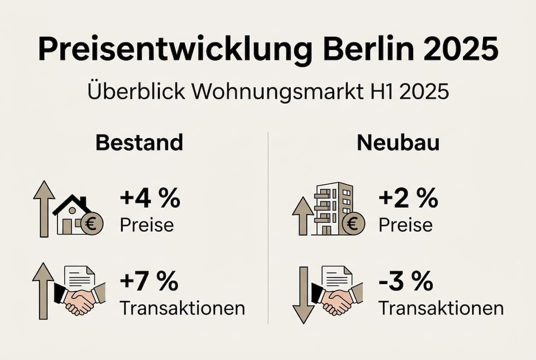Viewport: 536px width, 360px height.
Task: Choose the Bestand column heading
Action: click(x=139, y=143)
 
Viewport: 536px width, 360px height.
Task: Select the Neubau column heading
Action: click(x=398, y=143)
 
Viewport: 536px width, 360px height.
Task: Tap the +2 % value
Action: click(x=408, y=200)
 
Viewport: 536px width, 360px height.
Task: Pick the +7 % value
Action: click(x=149, y=282)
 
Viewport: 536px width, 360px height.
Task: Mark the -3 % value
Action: click(x=406, y=282)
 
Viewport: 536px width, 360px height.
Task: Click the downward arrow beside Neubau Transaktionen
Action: click(x=303, y=295)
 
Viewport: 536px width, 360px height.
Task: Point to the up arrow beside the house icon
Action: click(x=44, y=208)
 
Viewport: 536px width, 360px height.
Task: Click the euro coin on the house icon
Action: click(x=91, y=223)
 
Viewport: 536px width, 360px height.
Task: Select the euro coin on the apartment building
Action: click(x=353, y=223)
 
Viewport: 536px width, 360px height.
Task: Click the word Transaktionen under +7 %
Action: click(x=182, y=308)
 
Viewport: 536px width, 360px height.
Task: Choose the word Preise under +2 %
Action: click(x=406, y=224)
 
